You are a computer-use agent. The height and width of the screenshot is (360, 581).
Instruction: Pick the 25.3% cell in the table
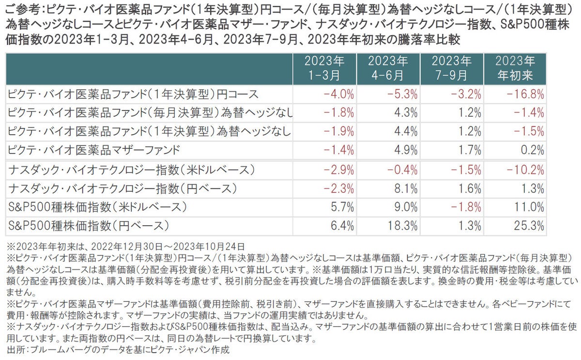coord(531,225)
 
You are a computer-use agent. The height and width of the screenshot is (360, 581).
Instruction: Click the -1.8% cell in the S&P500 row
coord(467,207)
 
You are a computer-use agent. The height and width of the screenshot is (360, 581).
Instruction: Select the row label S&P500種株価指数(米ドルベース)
coord(97,207)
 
